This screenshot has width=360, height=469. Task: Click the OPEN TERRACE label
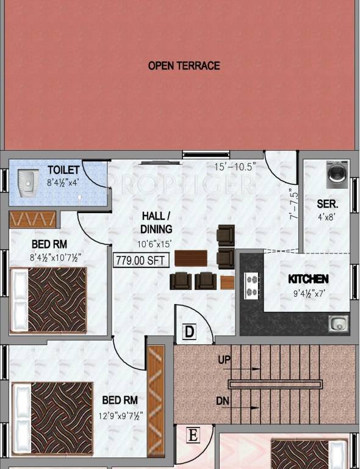click(x=184, y=65)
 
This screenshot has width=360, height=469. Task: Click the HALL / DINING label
click(x=157, y=222)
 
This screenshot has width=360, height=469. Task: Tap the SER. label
click(x=328, y=204)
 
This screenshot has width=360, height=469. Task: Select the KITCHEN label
click(x=308, y=278)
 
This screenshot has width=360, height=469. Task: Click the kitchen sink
click(x=337, y=323)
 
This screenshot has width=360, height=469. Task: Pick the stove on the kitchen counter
click(x=251, y=285)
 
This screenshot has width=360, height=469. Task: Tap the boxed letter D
click(x=190, y=332)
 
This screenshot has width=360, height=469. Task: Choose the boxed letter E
click(x=193, y=435)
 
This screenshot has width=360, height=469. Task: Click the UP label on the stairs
click(x=225, y=360)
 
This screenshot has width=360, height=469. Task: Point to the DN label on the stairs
click(x=224, y=401)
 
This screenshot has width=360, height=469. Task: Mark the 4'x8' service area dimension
click(x=328, y=217)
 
